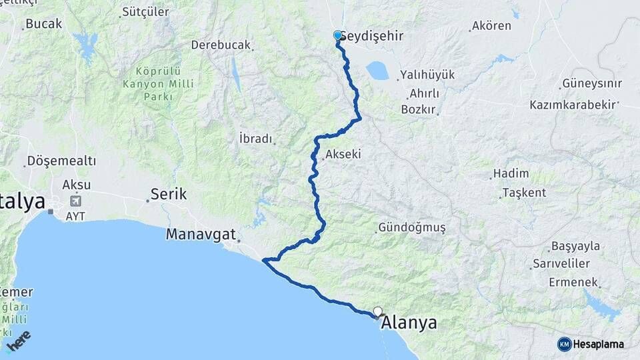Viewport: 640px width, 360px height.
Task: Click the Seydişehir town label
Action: pyautogui.click(x=373, y=36)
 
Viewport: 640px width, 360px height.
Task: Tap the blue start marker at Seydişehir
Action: pyautogui.click(x=337, y=36)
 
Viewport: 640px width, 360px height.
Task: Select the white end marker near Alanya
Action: pyautogui.click(x=378, y=311)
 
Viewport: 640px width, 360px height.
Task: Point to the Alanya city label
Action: pyautogui.click(x=409, y=324)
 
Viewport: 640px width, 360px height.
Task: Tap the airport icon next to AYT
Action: pyautogui.click(x=75, y=201)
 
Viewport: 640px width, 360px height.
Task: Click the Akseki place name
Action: pyautogui.click(x=343, y=154)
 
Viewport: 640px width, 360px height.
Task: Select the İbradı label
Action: pyautogui.click(x=256, y=139)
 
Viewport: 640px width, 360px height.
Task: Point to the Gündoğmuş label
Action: pyautogui.click(x=411, y=227)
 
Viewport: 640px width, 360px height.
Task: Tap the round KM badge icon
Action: pyautogui.click(x=564, y=344)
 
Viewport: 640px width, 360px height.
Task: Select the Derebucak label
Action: pyautogui.click(x=221, y=45)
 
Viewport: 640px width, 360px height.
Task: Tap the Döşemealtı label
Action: pyautogui.click(x=61, y=161)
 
